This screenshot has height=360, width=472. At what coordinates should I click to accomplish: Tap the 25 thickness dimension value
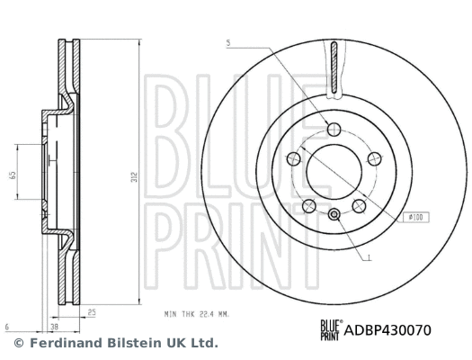click(x=93, y=312)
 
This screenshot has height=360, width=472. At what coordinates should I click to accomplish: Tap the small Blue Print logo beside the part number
click(x=331, y=328)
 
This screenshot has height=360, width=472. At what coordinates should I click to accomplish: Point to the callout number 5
click(x=228, y=43)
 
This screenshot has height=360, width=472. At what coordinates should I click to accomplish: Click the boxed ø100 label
click(x=416, y=217)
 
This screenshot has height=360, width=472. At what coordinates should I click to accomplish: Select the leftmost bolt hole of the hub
click(x=292, y=159)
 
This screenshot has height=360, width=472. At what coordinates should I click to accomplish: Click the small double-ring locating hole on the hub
click(x=334, y=213)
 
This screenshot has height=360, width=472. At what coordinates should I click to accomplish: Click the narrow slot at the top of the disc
click(x=334, y=67)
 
